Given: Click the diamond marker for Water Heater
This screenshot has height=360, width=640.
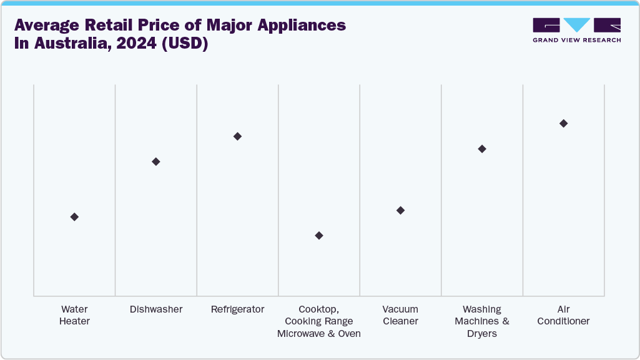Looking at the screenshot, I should [x=74, y=216].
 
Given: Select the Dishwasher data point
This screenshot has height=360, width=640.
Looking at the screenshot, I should [x=156, y=162].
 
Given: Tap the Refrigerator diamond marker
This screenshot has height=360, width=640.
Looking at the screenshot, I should [x=237, y=136].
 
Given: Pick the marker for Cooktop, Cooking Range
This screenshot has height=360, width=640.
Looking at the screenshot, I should [x=319, y=235].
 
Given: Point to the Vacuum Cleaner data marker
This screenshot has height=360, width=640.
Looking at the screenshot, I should [x=400, y=210].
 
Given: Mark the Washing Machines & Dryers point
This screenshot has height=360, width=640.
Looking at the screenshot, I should [x=482, y=148].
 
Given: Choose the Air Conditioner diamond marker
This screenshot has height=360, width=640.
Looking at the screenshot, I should [x=563, y=123].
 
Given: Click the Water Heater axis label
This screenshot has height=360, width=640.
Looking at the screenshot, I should [x=74, y=315].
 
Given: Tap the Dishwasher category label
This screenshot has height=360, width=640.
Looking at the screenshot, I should [x=156, y=309].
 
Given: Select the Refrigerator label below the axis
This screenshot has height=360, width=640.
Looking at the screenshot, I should [x=237, y=309].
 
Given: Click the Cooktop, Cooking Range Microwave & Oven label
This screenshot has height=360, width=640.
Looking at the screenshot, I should [x=319, y=321].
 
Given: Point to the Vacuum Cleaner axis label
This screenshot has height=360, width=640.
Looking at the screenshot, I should [x=400, y=315].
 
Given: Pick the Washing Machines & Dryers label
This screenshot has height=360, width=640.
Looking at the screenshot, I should [x=482, y=321].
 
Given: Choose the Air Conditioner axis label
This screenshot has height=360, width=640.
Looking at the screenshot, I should [x=563, y=315].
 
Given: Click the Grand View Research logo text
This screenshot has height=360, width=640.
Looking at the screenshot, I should [x=576, y=40].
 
